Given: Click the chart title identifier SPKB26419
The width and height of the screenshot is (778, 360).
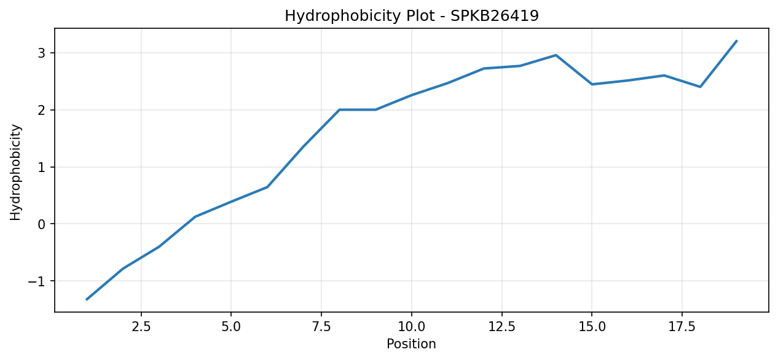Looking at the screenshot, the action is click(495, 16).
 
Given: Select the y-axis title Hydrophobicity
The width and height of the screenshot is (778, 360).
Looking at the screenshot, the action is click(15, 172).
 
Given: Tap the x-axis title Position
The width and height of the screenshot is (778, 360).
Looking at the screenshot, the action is click(411, 343).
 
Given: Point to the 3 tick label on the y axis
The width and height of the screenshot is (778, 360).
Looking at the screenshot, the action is click(42, 53).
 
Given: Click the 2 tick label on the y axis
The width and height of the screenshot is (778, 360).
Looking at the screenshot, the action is click(42, 111).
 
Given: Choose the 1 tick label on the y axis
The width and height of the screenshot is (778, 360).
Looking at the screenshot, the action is click(42, 167).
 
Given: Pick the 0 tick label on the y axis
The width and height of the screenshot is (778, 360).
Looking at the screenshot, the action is click(42, 224).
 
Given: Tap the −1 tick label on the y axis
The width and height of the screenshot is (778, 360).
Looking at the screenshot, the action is click(37, 281).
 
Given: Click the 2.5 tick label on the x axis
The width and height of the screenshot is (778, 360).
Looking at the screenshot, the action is click(141, 327).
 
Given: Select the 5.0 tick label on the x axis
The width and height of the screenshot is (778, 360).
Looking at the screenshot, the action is click(231, 327).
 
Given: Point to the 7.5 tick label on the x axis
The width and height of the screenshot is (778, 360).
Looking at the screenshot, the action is click(321, 327).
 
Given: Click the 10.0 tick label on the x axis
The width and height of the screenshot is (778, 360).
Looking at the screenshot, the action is click(411, 327).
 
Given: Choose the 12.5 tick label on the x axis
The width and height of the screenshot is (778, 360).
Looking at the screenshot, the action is click(501, 327).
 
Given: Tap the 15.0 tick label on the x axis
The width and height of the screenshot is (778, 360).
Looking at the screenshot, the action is click(591, 327).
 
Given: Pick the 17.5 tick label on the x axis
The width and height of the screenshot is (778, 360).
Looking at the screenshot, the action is click(682, 327).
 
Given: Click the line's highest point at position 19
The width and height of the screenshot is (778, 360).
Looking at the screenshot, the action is click(736, 41).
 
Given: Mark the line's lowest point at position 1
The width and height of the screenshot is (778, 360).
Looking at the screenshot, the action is click(87, 299).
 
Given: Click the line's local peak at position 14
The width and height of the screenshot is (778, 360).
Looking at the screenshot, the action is click(556, 55).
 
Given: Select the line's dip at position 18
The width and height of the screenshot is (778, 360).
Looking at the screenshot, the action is click(700, 87).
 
